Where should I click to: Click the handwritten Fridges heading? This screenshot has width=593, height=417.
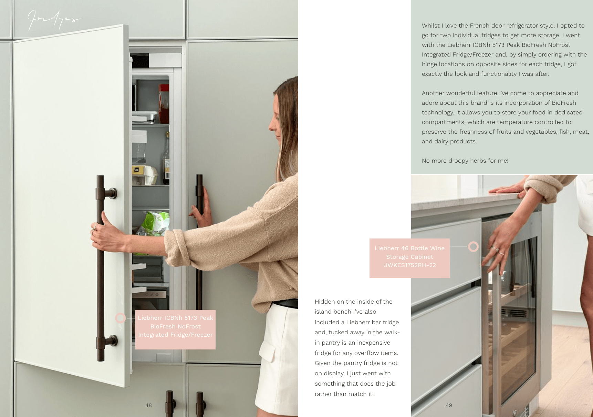pos(53,20)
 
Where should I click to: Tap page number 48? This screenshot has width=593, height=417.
pos(148,405)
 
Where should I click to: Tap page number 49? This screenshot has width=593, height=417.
pos(449,405)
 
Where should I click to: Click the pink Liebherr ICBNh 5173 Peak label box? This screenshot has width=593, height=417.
pos(175,329)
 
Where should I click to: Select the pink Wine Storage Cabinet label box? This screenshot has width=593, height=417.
pos(409,258)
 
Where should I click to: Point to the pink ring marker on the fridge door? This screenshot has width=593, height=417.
pos(120,318)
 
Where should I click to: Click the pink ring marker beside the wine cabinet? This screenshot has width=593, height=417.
pos(474,246)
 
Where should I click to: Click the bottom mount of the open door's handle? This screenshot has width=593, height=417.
pos(111,341)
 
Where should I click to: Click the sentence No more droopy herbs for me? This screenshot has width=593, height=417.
pos(465,161)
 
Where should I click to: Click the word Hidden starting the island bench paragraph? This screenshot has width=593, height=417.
pos(325,302)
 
